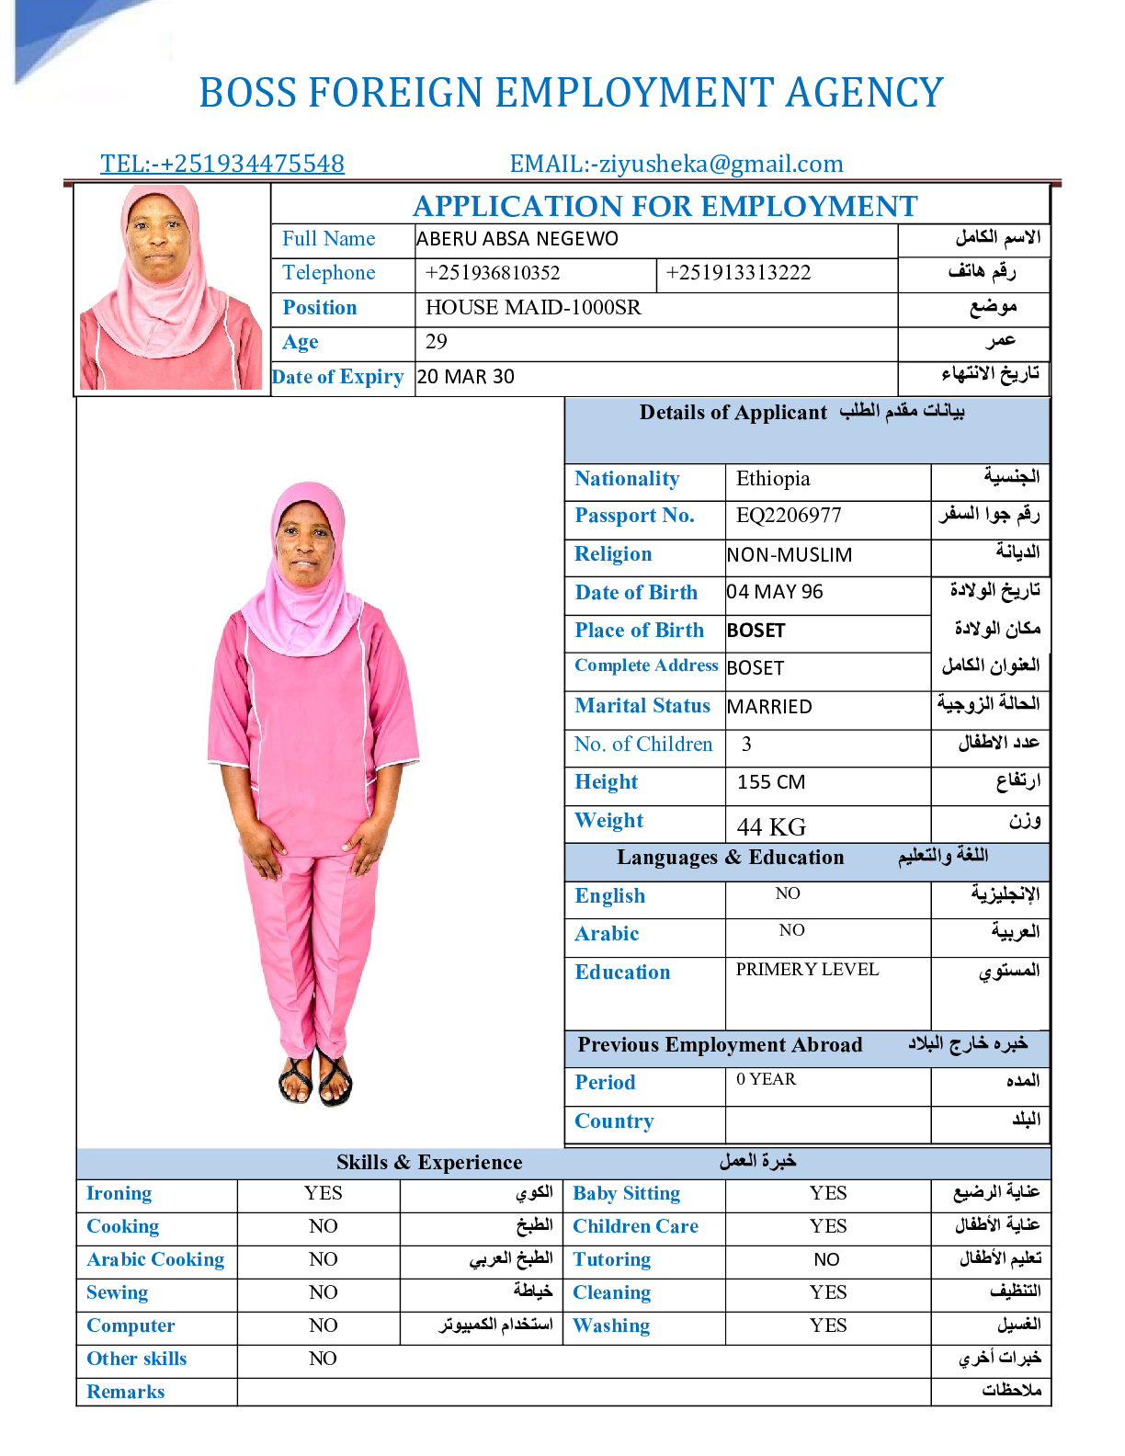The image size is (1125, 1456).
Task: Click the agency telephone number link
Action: pos(222,164)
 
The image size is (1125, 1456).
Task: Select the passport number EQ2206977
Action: pos(789,516)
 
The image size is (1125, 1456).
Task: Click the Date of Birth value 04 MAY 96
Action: pos(775,592)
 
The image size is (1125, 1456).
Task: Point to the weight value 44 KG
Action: pos(771,826)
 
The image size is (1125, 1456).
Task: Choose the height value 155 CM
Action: pos(771,782)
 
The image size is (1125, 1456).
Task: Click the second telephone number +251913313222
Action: pos(738,273)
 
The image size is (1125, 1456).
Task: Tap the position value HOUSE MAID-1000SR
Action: pos(533,308)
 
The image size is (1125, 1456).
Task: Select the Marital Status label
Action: pos(642,706)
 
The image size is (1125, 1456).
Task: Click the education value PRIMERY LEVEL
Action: pos(807,970)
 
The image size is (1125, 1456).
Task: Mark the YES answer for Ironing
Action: pos(324,1193)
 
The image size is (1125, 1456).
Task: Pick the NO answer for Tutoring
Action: pos(826,1260)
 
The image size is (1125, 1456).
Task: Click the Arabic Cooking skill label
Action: pos(155,1260)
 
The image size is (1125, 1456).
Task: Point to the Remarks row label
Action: pos(126,1392)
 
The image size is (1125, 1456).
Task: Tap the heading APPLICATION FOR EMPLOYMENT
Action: pos(665,206)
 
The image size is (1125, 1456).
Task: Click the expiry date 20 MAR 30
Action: pos(466,377)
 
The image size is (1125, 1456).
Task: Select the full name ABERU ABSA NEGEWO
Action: pos(517,239)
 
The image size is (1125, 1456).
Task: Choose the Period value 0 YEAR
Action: pos(767,1079)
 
